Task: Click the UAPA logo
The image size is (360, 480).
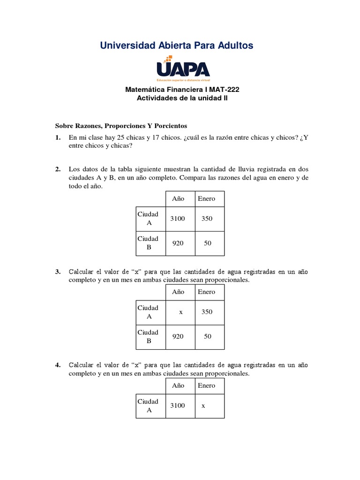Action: [183, 67]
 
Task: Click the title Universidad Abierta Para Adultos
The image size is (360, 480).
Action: [177, 45]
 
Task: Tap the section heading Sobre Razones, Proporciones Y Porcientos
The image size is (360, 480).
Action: [121, 126]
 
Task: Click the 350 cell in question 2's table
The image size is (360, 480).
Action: [206, 218]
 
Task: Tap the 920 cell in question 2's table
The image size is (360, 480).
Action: [178, 243]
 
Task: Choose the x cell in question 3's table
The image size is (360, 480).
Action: [180, 312]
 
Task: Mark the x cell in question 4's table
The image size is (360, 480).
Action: [203, 406]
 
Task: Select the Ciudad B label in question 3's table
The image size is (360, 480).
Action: [148, 337]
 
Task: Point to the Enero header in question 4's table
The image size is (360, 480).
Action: [206, 386]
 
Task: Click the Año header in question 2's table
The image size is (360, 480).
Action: [178, 198]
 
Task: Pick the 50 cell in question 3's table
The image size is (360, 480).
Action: [208, 337]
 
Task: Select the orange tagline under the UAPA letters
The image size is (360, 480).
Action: [183, 80]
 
